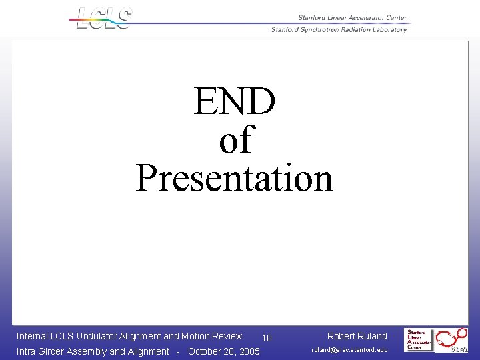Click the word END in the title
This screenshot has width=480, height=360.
[x=234, y=102]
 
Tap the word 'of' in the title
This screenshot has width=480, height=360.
[x=235, y=140]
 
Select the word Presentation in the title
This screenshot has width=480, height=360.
[x=234, y=178]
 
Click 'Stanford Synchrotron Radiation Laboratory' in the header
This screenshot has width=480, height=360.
[x=339, y=29]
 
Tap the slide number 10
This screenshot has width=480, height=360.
[x=267, y=338]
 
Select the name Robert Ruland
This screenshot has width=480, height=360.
[x=357, y=336]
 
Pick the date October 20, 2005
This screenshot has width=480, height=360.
[x=224, y=351]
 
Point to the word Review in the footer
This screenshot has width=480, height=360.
[x=226, y=336]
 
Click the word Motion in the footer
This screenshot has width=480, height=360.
[x=194, y=336]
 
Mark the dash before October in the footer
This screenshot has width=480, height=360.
[x=179, y=351]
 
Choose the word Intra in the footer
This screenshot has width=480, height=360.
[x=27, y=351]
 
